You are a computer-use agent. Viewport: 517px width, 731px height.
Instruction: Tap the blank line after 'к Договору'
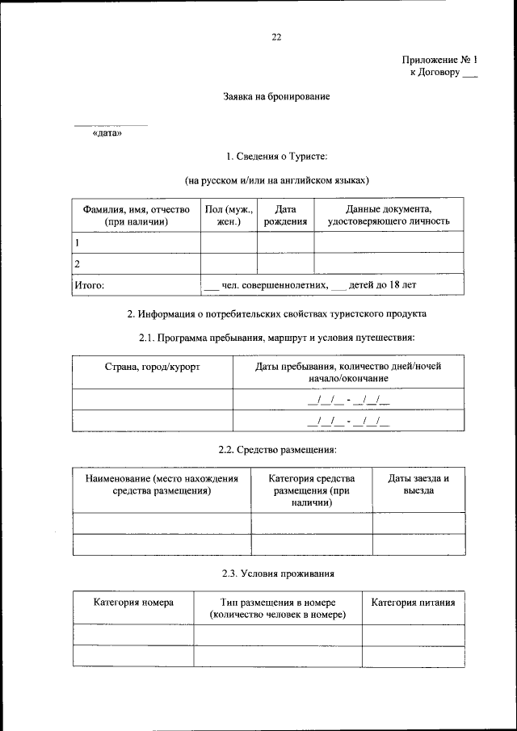coord(470,73)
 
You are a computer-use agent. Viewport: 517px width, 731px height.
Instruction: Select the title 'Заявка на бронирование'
coord(277,97)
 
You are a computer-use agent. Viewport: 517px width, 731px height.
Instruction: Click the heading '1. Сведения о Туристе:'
coord(276,156)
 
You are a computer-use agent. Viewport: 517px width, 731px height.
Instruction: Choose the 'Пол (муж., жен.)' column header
coord(229,215)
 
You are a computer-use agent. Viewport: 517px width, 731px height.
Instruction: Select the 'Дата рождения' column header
coord(285,215)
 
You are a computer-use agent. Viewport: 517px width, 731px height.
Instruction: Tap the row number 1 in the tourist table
coord(77,242)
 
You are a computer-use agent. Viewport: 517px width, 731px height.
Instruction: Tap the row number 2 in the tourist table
coord(77,264)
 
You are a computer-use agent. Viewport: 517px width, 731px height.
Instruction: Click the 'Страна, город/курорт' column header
coord(152,367)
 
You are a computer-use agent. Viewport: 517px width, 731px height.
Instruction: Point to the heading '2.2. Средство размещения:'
coord(277,449)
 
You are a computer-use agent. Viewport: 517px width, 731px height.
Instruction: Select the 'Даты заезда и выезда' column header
coord(418,485)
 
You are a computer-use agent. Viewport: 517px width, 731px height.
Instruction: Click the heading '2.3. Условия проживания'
coord(277,573)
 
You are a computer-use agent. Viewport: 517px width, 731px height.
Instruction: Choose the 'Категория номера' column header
coord(132,603)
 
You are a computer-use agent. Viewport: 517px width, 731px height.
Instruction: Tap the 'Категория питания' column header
coord(413,603)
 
